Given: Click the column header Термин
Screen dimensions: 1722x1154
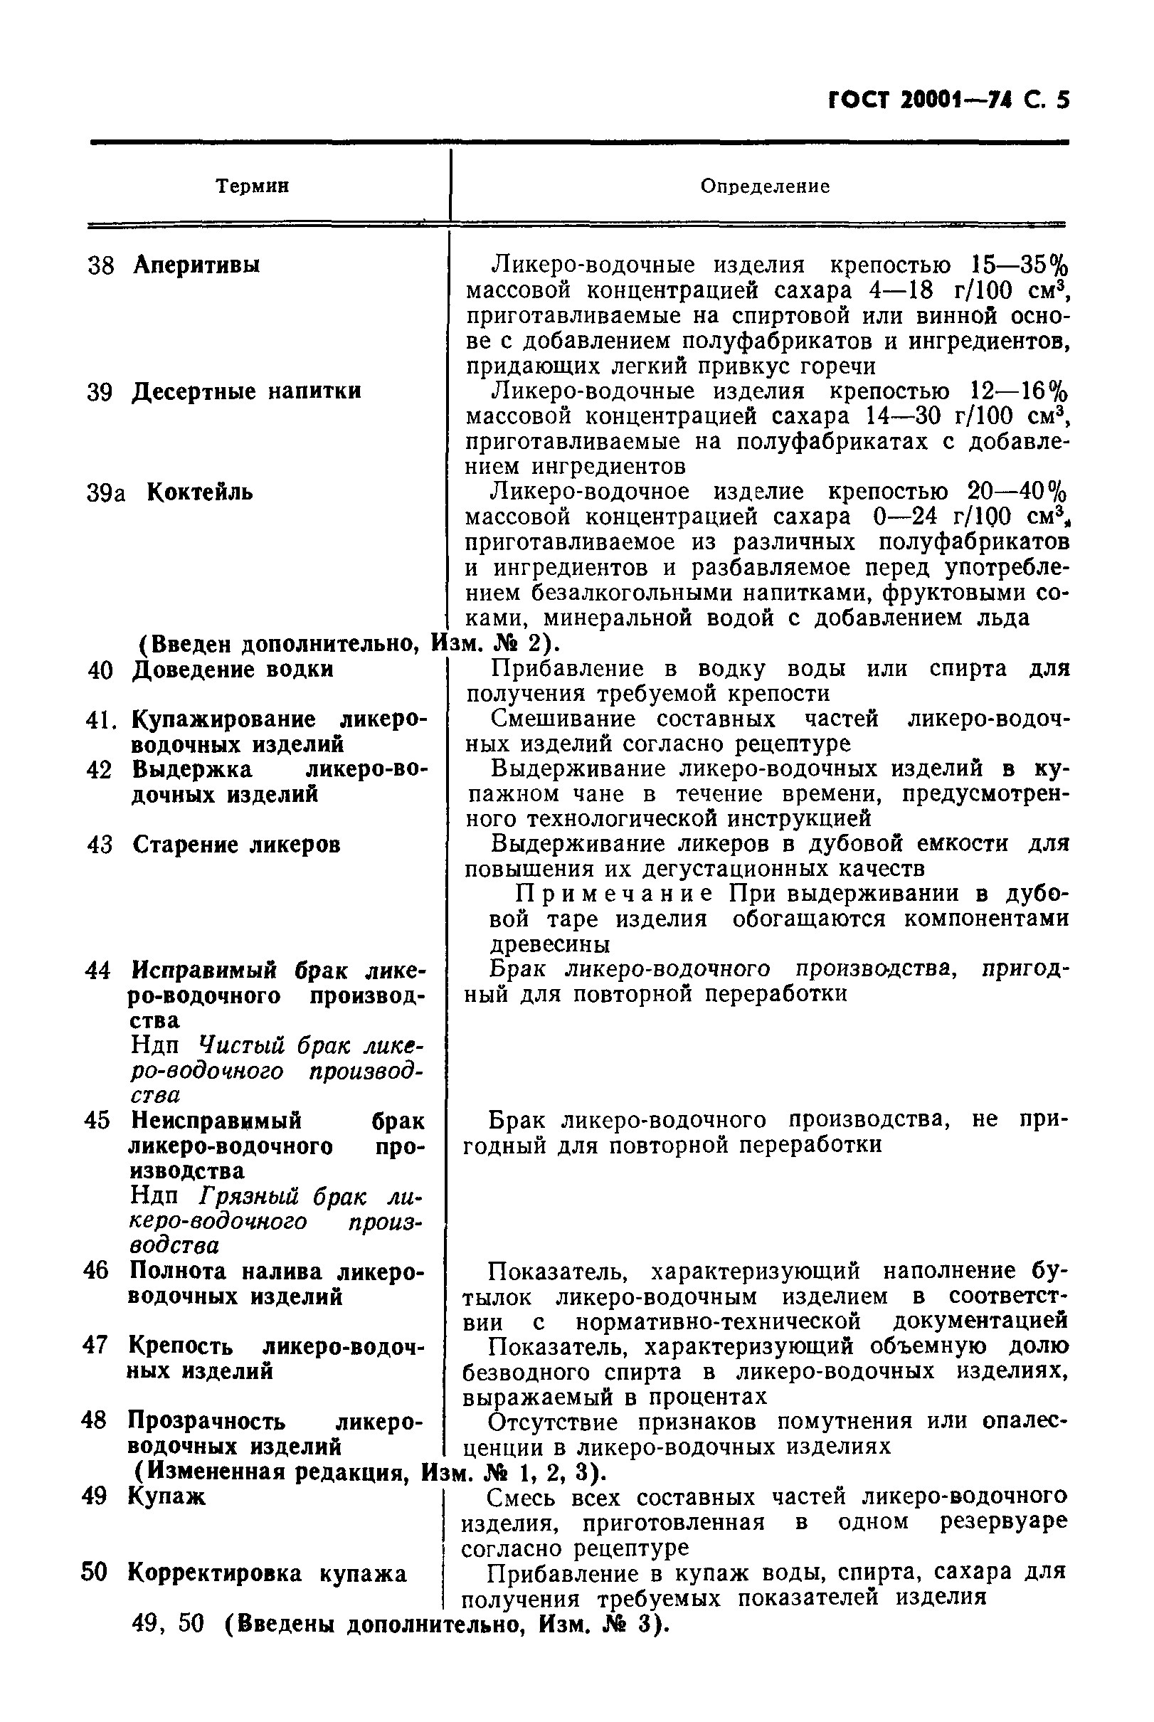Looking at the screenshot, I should (253, 186).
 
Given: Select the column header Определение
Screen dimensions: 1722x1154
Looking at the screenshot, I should (765, 186).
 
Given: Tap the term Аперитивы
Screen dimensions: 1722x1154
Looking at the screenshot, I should (196, 265).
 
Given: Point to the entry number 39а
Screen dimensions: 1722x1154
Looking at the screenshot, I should (106, 493).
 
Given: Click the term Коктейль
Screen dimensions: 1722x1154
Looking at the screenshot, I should (200, 492).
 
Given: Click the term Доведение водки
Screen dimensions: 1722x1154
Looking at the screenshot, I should (233, 670).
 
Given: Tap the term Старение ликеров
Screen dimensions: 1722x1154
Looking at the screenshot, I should (236, 844).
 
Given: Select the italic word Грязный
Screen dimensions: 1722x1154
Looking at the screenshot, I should (248, 1197).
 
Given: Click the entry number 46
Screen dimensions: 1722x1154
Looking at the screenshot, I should (95, 1271).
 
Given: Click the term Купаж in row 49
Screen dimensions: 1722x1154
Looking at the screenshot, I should (167, 1496).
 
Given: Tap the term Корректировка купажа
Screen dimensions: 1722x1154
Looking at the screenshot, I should (268, 1573).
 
